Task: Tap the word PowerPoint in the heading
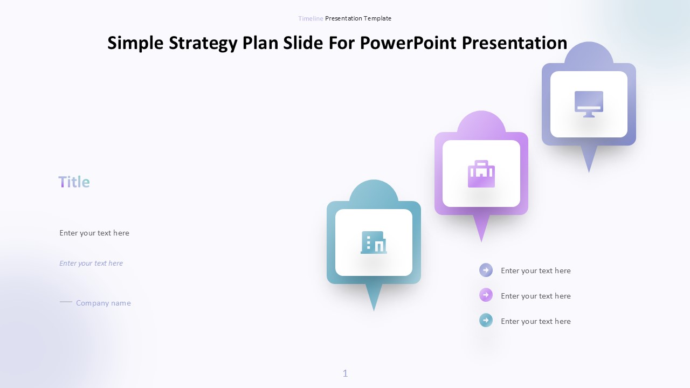pyautogui.click(x=408, y=43)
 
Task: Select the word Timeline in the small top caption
pyautogui.click(x=310, y=18)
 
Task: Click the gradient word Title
pyautogui.click(x=74, y=182)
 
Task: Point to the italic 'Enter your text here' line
pyautogui.click(x=91, y=263)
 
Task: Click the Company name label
pyautogui.click(x=103, y=303)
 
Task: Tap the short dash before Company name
pyautogui.click(x=66, y=302)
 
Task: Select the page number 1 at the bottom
pyautogui.click(x=345, y=373)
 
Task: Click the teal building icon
pyautogui.click(x=374, y=242)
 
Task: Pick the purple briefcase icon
pyautogui.click(x=481, y=174)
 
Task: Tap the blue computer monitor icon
pyautogui.click(x=589, y=104)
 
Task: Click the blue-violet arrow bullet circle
pyautogui.click(x=486, y=270)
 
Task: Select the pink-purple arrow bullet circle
pyautogui.click(x=486, y=295)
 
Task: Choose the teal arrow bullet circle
pyautogui.click(x=486, y=320)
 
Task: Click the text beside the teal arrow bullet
pyautogui.click(x=536, y=321)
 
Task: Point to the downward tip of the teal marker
pyautogui.click(x=374, y=311)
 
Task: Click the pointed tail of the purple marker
pyautogui.click(x=481, y=242)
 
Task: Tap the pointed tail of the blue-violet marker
pyautogui.click(x=589, y=173)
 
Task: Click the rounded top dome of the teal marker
pyautogui.click(x=374, y=191)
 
